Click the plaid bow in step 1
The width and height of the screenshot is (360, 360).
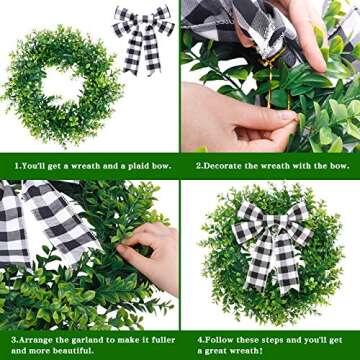142,38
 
